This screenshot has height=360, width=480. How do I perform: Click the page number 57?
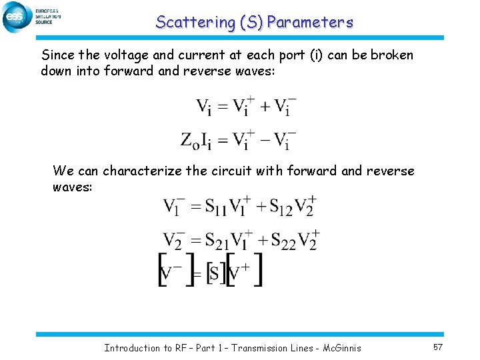[x=438, y=347]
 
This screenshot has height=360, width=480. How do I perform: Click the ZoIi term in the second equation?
[x=197, y=140]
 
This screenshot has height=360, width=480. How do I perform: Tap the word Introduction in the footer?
[x=132, y=347]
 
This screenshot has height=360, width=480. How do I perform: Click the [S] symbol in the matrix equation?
[x=213, y=271]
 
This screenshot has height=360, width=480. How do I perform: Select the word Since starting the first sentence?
[x=56, y=55]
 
